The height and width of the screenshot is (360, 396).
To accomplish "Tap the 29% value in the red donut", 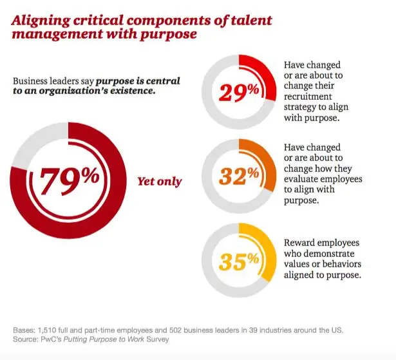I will tap(239, 93).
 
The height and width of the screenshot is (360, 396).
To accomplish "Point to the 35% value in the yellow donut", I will tap(239, 261).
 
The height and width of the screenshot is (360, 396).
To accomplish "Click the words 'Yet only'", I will tap(160, 182).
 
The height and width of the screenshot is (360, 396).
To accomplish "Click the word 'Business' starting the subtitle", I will tap(32, 81).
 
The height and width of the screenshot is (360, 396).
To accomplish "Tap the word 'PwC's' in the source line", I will tap(57, 340).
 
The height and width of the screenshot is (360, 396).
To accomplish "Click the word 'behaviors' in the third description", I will tap(341, 264).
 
